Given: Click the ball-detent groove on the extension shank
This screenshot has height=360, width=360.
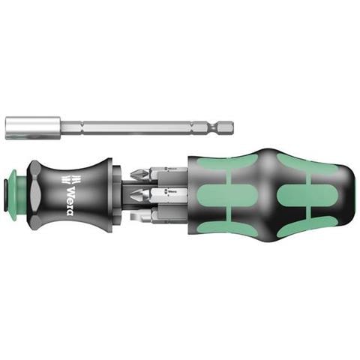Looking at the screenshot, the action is click(213, 127).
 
